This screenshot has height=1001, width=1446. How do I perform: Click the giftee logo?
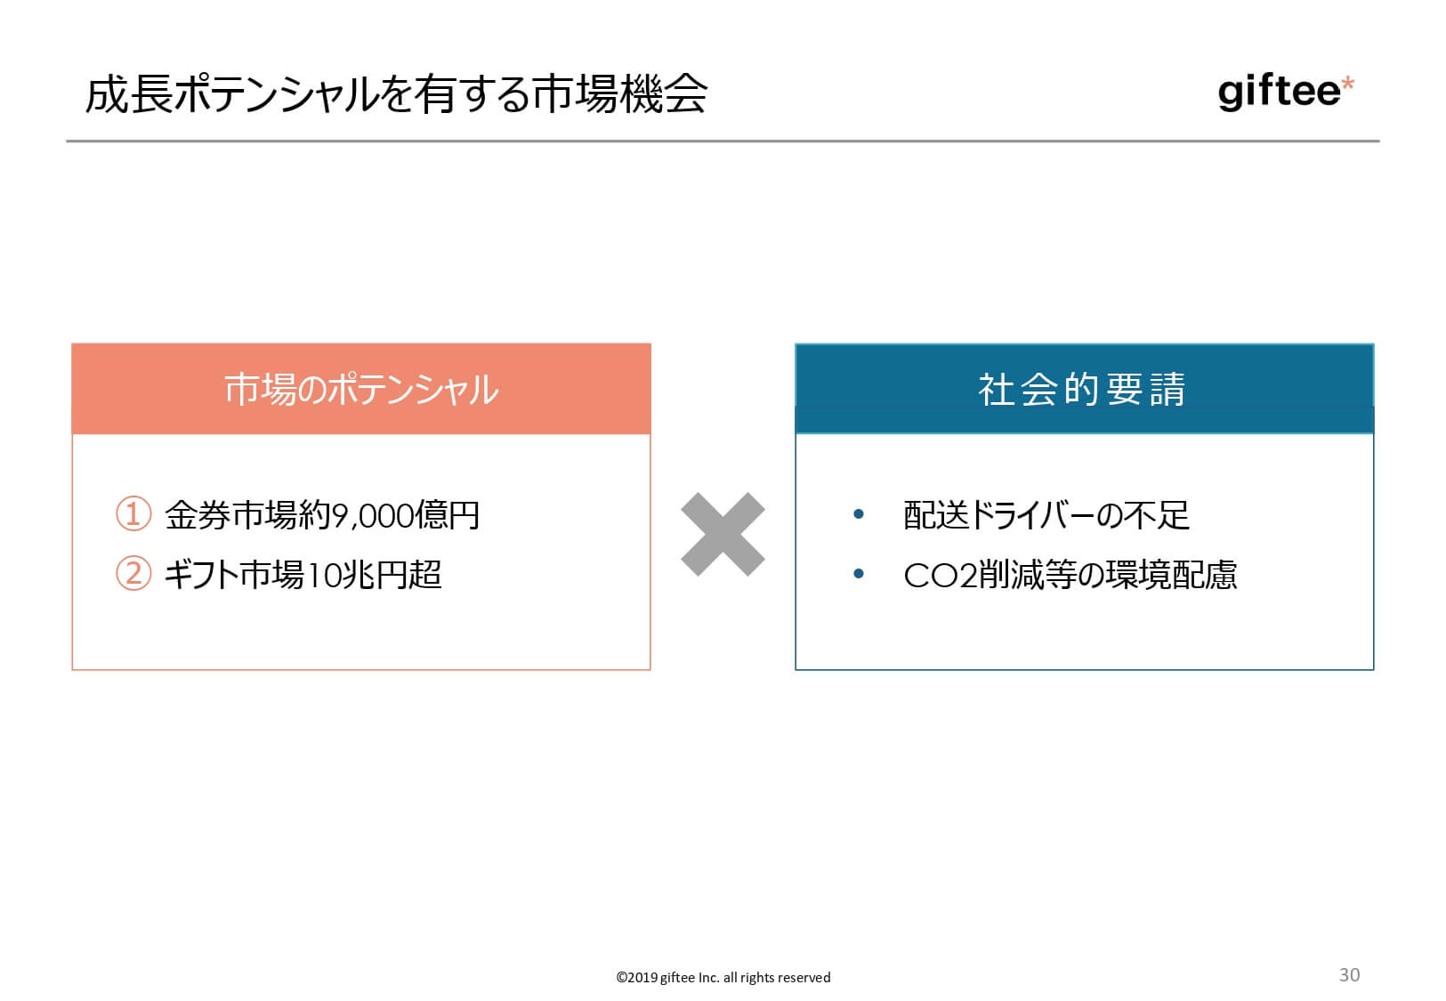tap(1285, 93)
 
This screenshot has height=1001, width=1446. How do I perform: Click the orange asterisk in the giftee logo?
tap(1347, 84)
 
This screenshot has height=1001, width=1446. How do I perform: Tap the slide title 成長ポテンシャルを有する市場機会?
tap(396, 94)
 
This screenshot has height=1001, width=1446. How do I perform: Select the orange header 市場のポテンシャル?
tap(361, 389)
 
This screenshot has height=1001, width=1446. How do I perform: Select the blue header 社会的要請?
tap(1084, 389)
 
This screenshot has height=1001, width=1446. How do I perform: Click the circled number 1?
tap(133, 513)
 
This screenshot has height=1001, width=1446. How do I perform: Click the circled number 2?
tap(133, 573)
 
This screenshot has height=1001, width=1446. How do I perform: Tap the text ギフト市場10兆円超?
tap(303, 574)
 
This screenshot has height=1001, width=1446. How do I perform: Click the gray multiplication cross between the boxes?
tap(723, 534)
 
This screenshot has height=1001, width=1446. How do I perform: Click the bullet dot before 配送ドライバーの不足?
tap(859, 513)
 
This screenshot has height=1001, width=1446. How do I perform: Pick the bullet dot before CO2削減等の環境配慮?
tap(859, 573)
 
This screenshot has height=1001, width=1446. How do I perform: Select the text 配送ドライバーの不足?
tap(1046, 515)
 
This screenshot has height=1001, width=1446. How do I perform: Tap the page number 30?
tap(1349, 974)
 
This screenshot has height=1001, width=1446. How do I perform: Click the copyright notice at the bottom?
tap(723, 977)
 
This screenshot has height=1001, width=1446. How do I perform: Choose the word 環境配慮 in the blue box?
tap(1172, 575)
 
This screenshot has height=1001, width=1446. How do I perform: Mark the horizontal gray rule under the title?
tap(723, 141)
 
